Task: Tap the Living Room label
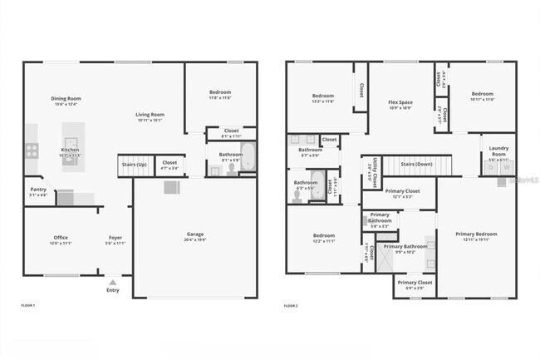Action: [150, 116]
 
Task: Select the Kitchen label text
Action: [71, 151]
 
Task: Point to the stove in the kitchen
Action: [32, 150]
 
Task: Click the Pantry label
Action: [38, 190]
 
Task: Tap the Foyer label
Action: [115, 239]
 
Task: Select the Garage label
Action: [195, 235]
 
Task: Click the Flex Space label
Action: [400, 104]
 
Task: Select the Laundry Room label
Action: [498, 150]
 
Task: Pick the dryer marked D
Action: [491, 167]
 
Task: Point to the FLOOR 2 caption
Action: [291, 306]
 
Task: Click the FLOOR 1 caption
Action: [28, 306]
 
